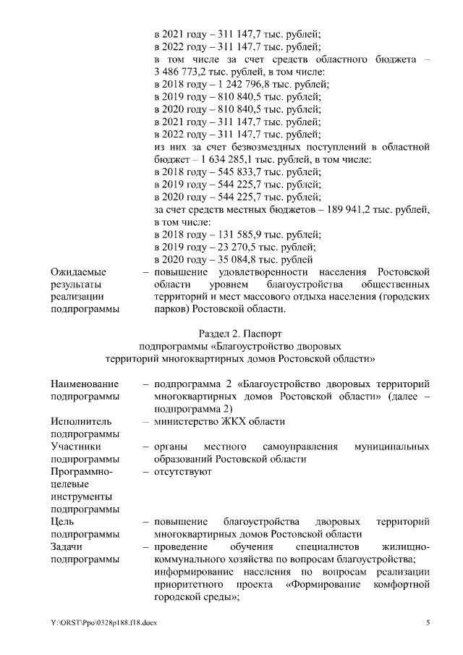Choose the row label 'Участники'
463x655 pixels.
[x=75, y=447]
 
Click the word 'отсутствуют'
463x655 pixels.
[x=182, y=472]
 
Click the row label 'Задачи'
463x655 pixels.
[x=68, y=547]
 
